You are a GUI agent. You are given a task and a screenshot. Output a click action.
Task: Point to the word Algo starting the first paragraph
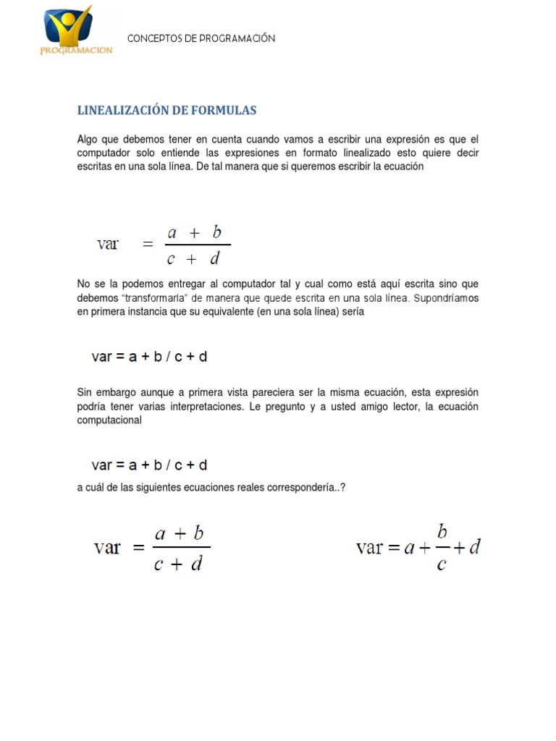(87, 139)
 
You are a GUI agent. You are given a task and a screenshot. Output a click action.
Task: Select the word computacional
(109, 420)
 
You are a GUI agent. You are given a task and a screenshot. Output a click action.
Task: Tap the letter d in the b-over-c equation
(474, 548)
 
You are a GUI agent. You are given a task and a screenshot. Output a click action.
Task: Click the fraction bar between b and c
(441, 548)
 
